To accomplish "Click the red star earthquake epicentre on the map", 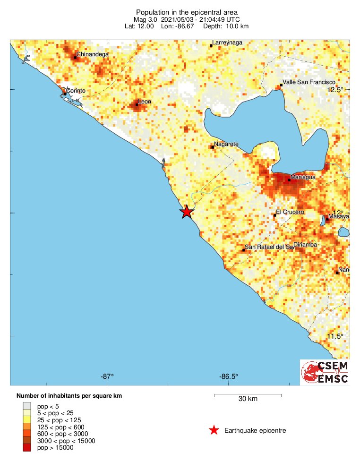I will coord(187,212).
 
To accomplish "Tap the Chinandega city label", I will coord(92,54).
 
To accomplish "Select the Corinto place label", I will coord(76,90).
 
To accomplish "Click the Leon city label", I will coord(144,102).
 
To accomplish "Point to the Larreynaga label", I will coord(227,43).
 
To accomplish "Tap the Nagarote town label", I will coord(226,144).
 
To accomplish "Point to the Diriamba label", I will coord(305,245).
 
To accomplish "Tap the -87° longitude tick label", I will coord(107,376).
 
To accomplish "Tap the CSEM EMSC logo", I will coord(326,372).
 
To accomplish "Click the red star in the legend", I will coord(214,430).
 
